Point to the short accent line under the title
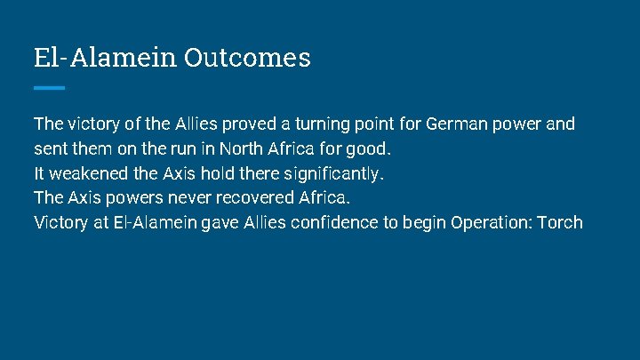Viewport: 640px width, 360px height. [49, 88]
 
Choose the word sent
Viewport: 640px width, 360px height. [49, 148]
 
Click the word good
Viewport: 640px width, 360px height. [370, 148]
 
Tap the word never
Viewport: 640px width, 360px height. [192, 197]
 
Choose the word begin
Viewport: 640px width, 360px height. [422, 222]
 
